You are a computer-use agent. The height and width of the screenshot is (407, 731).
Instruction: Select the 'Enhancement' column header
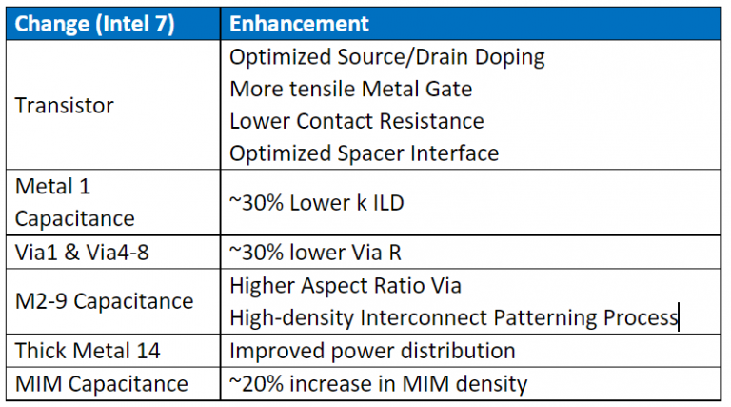pos(300,24)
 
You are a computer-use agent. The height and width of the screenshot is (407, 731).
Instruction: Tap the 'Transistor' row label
pos(65,105)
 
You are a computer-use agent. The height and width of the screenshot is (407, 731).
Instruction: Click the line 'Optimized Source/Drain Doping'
pos(387,57)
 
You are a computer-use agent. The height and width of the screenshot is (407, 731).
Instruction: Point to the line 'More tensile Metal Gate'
pos(351,90)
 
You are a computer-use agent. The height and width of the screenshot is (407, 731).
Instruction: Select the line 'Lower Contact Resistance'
pos(357,121)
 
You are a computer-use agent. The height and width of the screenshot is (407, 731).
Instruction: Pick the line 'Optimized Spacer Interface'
pos(365,153)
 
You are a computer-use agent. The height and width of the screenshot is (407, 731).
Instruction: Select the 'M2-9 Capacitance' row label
pos(104,301)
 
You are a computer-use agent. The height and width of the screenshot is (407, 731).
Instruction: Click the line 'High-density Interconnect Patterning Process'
pos(453,317)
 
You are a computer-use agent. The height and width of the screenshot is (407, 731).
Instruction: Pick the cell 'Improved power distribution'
pos(373,351)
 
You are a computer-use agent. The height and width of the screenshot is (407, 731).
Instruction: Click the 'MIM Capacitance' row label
pos(102,384)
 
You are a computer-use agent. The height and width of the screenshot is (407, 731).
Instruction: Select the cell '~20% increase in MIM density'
pos(379,384)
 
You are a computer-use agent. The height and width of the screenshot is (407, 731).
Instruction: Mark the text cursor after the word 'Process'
pos(678,317)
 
